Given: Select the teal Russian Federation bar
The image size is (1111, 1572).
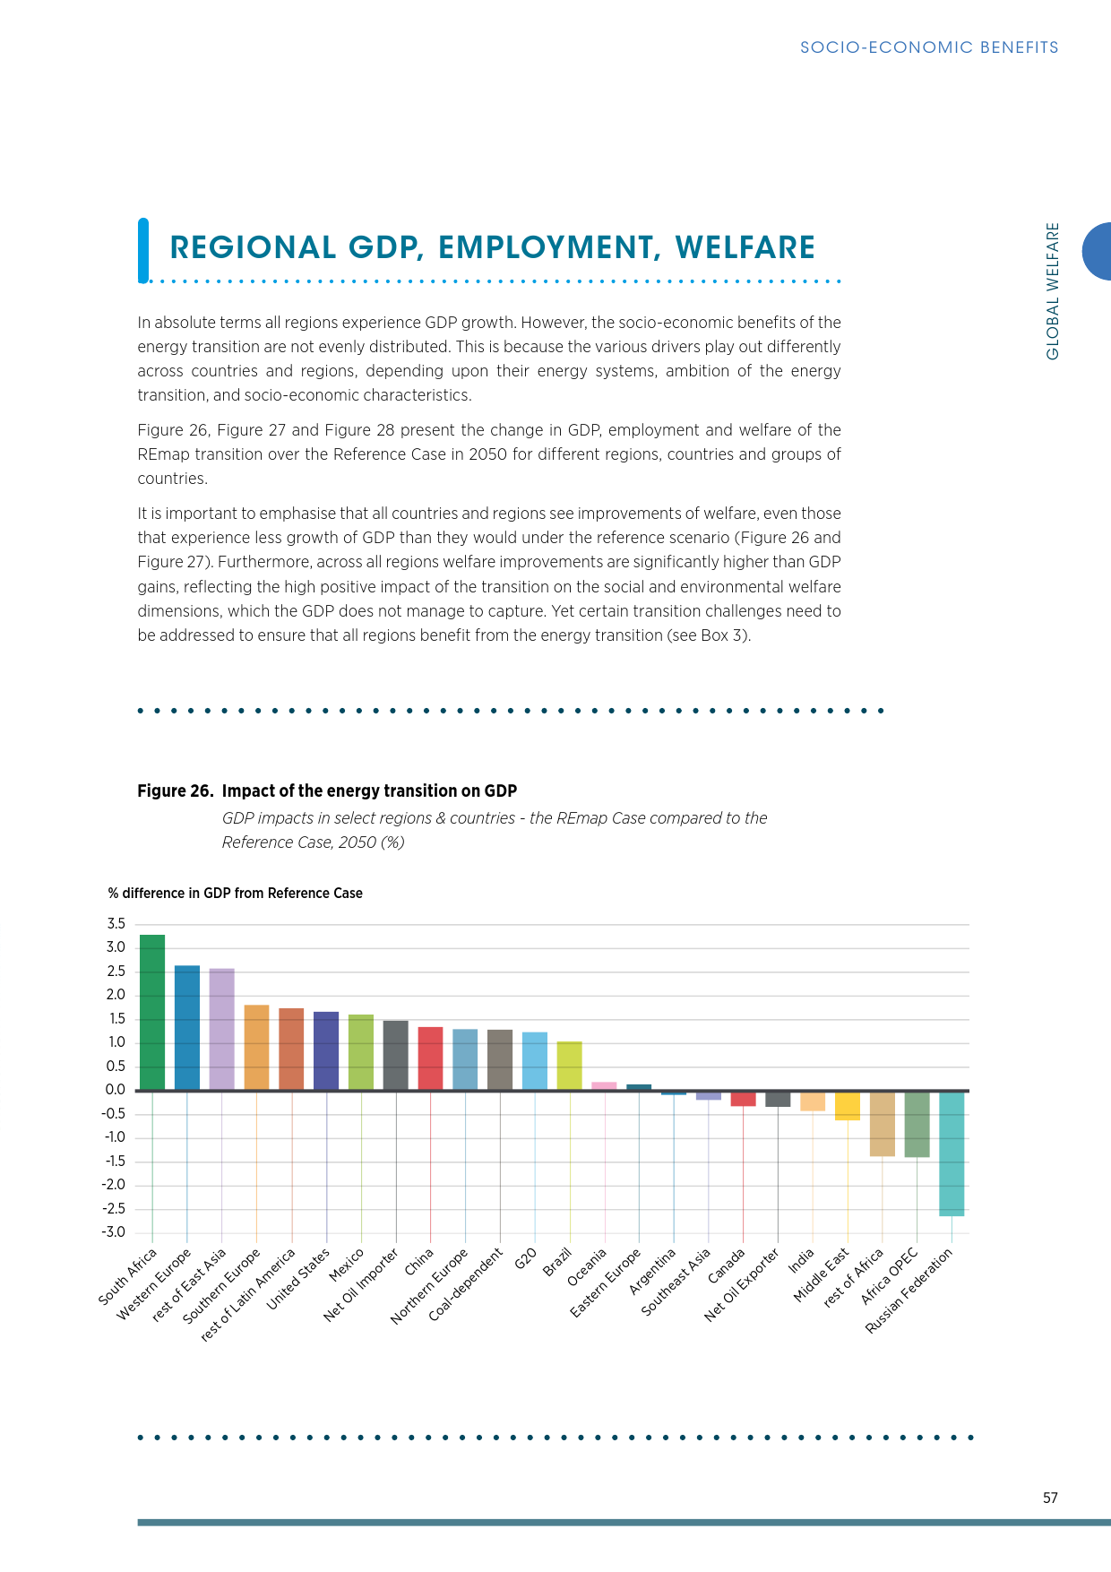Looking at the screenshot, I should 952,1153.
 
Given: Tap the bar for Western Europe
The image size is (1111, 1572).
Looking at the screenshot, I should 187,1027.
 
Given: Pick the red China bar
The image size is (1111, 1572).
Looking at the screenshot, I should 430,1058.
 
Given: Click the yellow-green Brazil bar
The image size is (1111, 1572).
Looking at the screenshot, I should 570,1066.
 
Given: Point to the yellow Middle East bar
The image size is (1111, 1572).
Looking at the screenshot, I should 848,1106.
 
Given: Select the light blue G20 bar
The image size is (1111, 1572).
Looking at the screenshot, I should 535,1061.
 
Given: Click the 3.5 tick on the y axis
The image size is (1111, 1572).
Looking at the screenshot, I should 116,924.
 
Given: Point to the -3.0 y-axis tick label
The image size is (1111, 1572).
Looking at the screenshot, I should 114,1232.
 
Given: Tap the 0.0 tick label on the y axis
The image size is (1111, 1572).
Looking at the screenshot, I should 116,1090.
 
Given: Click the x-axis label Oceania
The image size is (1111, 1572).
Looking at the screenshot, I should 589,1267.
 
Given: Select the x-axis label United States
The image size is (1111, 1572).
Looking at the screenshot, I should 299,1279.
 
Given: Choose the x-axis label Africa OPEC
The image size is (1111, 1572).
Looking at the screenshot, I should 891,1275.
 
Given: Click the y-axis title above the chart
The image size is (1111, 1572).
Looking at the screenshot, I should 236,894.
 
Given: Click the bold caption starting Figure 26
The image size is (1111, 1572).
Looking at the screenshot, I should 327,790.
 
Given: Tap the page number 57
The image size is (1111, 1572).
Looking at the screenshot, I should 1050,1498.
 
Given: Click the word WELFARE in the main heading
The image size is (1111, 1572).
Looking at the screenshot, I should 745,248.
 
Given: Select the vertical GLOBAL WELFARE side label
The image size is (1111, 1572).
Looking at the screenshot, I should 1053,291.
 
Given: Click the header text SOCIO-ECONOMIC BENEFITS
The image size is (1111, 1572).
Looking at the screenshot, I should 929,48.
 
